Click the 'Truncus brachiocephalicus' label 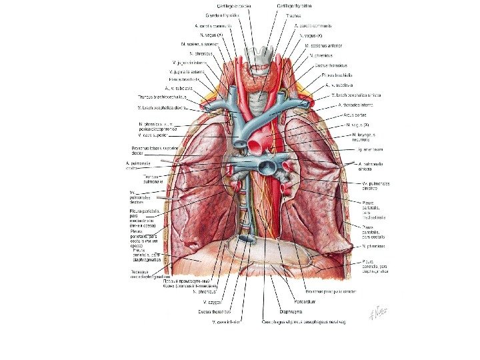(159, 97)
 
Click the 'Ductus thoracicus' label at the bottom (214, 311)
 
